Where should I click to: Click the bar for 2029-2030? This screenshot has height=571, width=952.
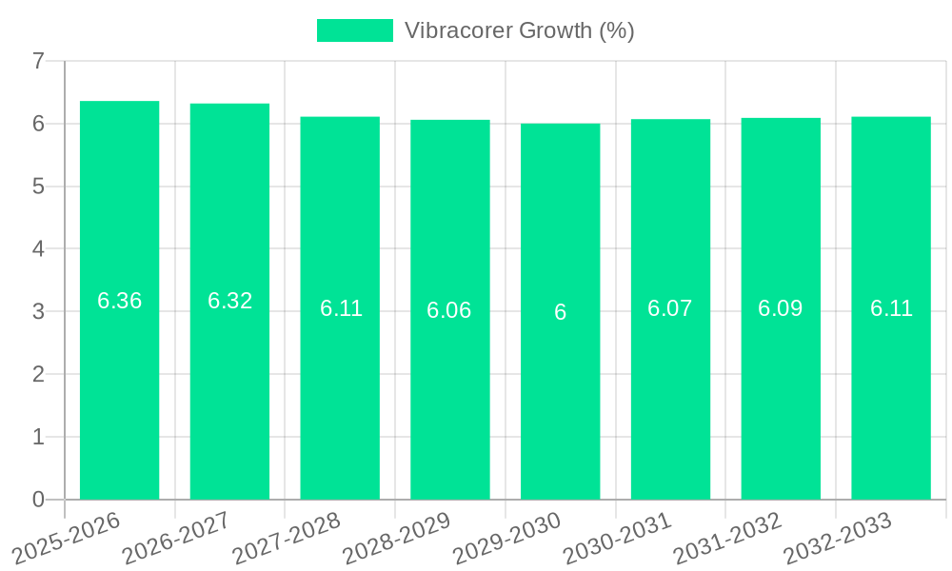pos(560,400)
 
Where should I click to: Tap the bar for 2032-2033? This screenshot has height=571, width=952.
pos(891,400)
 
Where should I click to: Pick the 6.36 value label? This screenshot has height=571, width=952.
pos(120,301)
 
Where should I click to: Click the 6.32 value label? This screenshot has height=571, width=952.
pos(229,301)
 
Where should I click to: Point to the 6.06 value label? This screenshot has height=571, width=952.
pos(449,310)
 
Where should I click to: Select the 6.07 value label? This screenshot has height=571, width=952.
pos(670,308)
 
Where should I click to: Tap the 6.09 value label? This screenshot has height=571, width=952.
pos(781,308)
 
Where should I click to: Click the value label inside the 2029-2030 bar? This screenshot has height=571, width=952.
pos(560,312)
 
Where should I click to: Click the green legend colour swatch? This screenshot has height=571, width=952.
pos(354,30)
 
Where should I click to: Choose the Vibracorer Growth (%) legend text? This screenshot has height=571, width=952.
pos(519,30)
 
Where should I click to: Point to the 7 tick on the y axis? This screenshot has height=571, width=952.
pos(38,61)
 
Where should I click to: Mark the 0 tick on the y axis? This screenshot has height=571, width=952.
pos(38,500)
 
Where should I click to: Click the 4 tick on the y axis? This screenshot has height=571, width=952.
pos(38,249)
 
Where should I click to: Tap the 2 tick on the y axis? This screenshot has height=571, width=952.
pos(38,374)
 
